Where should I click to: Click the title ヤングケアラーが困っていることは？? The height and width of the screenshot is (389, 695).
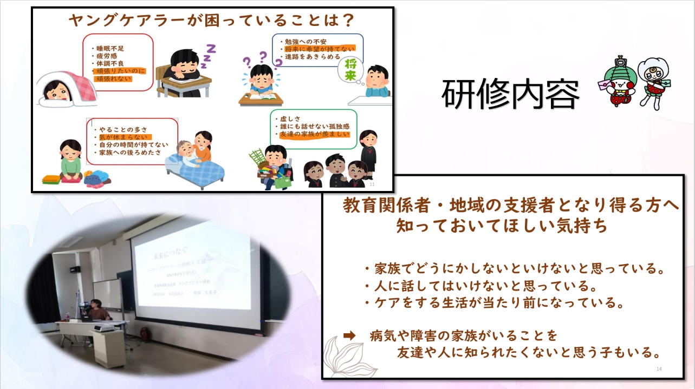(x=211, y=21)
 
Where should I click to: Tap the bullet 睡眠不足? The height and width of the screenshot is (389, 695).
(x=110, y=47)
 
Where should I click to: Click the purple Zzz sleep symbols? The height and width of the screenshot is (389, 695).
(x=207, y=56)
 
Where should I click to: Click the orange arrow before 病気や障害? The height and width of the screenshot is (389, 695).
(x=349, y=335)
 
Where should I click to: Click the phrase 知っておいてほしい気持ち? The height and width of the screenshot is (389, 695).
(x=502, y=226)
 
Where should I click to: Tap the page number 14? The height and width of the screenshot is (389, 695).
(x=659, y=368)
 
